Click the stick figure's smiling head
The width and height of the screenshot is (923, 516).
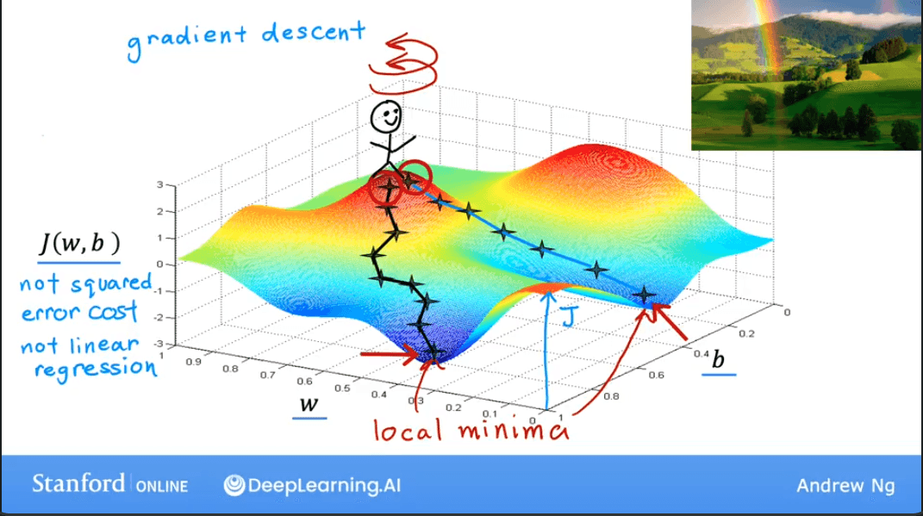385,119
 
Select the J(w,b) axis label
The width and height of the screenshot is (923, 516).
78,246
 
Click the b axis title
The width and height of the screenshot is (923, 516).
717,359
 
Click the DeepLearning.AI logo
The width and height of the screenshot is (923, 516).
312,485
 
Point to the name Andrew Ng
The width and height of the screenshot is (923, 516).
845,486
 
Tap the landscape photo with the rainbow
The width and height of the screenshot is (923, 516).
805,75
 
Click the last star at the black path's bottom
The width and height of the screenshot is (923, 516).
434,353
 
